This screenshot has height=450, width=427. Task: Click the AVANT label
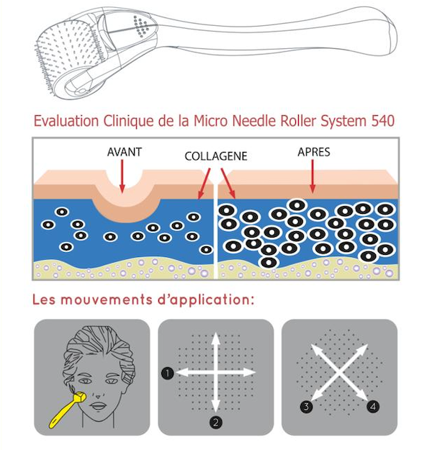(x=125, y=152)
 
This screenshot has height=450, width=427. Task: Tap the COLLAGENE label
(x=216, y=156)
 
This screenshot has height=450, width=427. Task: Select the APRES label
(x=314, y=152)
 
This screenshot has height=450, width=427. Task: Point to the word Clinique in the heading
(x=128, y=121)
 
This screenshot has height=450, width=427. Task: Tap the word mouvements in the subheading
(x=107, y=300)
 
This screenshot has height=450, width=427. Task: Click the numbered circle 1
(x=168, y=373)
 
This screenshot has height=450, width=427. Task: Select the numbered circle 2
(x=216, y=422)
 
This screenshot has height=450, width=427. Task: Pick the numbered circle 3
(x=306, y=406)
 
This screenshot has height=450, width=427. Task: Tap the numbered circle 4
(x=373, y=406)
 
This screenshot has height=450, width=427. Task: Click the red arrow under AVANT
(x=122, y=176)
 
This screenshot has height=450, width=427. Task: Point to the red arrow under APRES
(x=313, y=176)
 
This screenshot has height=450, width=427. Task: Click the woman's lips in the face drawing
(x=99, y=406)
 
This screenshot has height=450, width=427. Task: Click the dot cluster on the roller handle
(x=141, y=26)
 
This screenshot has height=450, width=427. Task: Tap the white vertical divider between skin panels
(x=215, y=230)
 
